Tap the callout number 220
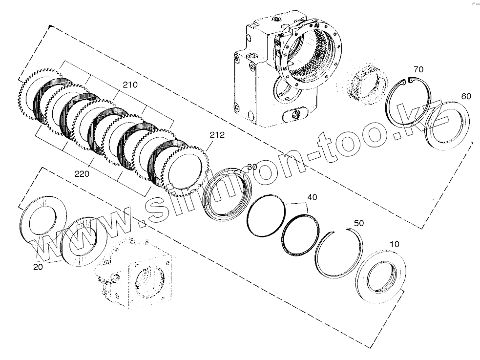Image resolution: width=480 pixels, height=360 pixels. [x=82, y=172]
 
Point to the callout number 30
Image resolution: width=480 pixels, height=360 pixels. [x=252, y=167]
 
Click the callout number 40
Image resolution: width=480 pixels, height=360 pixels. [x=312, y=197]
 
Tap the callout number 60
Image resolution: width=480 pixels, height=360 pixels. [x=466, y=97]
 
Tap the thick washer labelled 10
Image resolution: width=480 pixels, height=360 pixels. [x=381, y=276]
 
